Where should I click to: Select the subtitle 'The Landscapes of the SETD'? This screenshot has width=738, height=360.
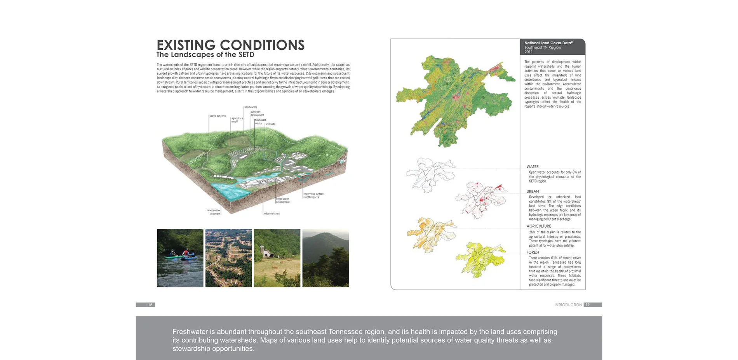click(x=205, y=55)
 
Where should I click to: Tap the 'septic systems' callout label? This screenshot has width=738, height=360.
click(x=218, y=116)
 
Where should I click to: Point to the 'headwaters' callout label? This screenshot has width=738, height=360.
click(x=251, y=107)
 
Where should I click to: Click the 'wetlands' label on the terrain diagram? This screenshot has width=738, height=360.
click(x=270, y=124)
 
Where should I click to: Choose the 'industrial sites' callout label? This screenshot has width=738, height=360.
click(x=272, y=214)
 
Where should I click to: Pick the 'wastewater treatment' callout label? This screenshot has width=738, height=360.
click(x=214, y=212)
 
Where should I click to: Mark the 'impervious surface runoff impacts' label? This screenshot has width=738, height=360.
click(x=313, y=195)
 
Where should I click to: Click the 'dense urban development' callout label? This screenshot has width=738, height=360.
click(x=282, y=200)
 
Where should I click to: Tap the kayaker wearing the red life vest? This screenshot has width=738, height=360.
click(x=186, y=253)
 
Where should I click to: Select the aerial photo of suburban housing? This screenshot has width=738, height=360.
click(x=228, y=258)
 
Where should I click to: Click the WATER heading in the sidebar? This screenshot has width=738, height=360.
click(x=533, y=167)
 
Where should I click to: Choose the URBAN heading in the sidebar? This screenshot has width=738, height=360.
click(x=533, y=191)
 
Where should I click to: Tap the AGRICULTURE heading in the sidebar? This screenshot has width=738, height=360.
click(x=539, y=226)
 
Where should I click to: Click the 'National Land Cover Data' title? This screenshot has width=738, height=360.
click(x=548, y=43)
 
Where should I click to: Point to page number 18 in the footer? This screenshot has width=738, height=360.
click(x=150, y=305)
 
